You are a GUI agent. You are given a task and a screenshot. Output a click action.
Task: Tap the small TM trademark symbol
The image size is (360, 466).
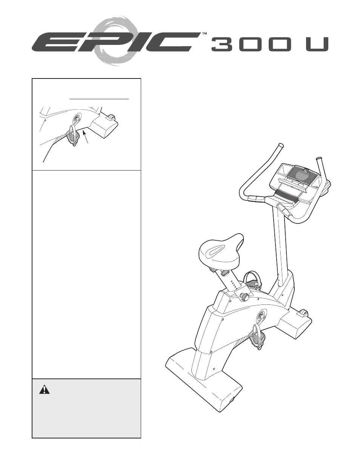(204, 34)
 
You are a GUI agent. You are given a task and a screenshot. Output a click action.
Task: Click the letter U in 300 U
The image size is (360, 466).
(317, 45)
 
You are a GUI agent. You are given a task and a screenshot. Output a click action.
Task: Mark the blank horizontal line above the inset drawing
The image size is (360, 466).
(99, 99)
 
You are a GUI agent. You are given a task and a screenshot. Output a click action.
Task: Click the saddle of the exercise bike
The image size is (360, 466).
(221, 251)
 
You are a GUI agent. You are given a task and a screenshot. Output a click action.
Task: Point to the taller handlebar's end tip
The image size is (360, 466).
(280, 145)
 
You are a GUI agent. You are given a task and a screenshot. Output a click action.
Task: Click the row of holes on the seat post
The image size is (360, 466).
(234, 284)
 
